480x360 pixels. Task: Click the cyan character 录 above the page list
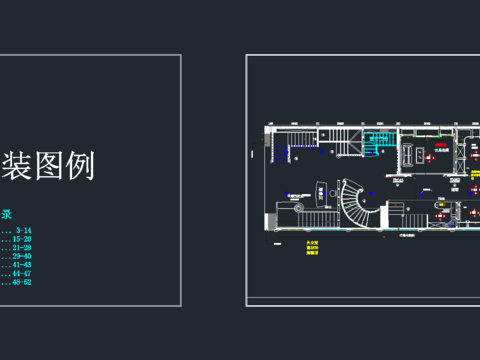click(7, 213)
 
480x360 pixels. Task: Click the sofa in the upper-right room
click(407, 153)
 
